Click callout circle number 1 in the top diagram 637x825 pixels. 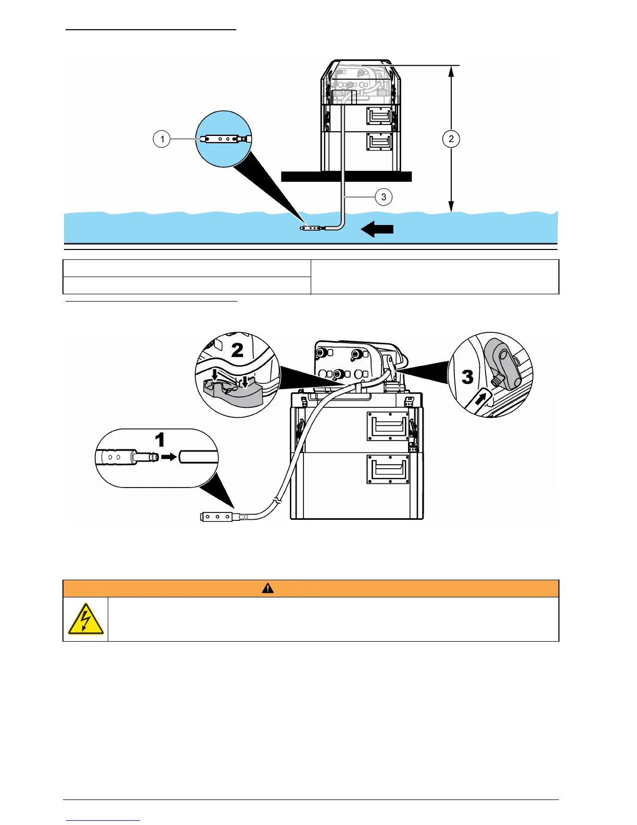coord(162,139)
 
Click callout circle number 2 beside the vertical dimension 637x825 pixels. coord(451,139)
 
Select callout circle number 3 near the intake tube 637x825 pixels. coord(384,197)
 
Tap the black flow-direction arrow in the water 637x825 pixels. coord(377,229)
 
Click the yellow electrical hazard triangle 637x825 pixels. coord(85,619)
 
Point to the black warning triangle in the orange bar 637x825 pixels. coord(267,589)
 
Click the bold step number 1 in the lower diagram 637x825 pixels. coord(160,440)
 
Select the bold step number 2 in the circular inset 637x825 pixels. coord(237,350)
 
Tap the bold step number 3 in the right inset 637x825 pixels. coord(467,377)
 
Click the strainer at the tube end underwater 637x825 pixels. coord(312,228)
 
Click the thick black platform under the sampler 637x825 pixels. coord(346,177)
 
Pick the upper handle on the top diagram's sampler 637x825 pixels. coord(379,116)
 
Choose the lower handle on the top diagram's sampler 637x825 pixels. coord(379,142)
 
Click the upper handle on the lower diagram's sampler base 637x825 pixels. coord(388,426)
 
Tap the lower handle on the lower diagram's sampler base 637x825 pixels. coord(388,469)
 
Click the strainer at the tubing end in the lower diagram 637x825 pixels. coord(218,517)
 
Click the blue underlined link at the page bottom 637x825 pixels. coord(103,820)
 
